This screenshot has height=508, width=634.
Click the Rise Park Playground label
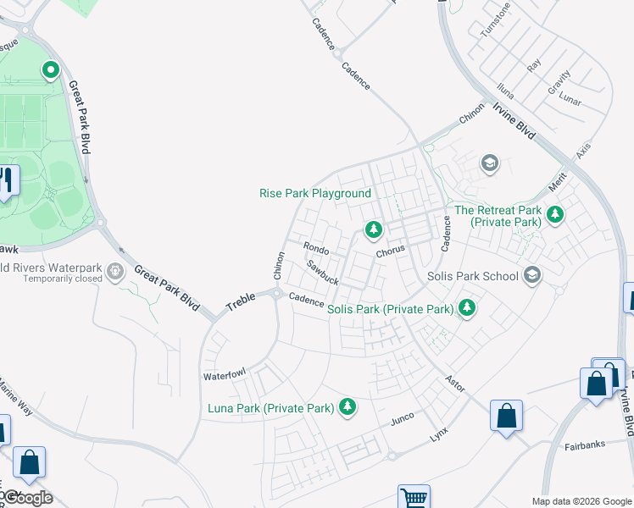tap(314, 194)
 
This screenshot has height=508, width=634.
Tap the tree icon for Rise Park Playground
tap(372, 229)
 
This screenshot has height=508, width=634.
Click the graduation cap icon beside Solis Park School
tap(532, 275)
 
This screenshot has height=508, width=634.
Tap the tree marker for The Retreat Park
tap(555, 214)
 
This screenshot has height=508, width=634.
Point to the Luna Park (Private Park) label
tap(270, 408)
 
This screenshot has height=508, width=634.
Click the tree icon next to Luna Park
tap(347, 407)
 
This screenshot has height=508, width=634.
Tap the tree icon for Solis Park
tap(466, 308)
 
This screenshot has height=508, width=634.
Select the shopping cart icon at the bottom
tap(414, 498)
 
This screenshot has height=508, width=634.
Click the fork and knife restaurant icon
tap(7, 179)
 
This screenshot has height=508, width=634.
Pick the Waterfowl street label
tap(224, 373)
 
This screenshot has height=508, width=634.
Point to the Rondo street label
tap(316, 249)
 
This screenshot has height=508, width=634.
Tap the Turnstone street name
tap(496, 20)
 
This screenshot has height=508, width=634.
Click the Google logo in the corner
tap(27, 498)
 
